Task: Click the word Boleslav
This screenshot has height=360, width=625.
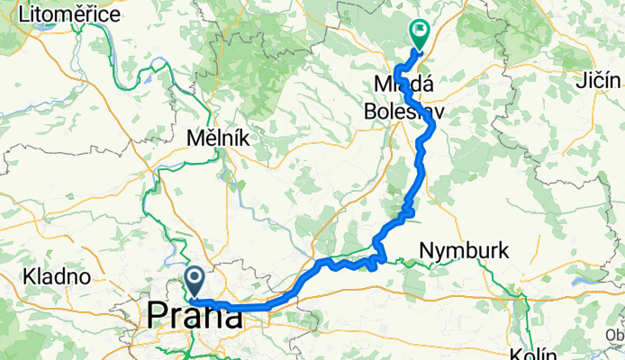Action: point(404,112)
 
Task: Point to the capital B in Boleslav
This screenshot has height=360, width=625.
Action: point(371,112)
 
